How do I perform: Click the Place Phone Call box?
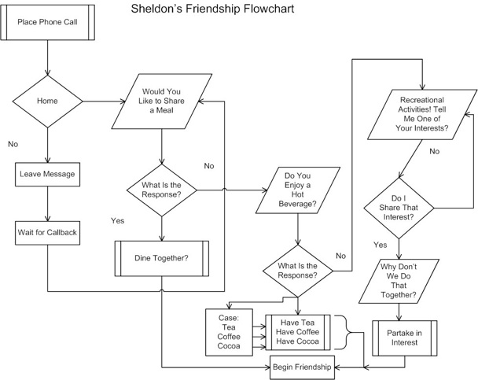point(49,20)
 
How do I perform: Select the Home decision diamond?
point(48,101)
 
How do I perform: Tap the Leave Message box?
point(49,172)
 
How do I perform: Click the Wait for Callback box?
point(49,232)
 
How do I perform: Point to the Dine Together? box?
point(161,256)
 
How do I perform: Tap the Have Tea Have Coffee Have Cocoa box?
point(299,330)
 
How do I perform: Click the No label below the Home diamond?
point(13,145)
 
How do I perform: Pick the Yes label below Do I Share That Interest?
point(381,245)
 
